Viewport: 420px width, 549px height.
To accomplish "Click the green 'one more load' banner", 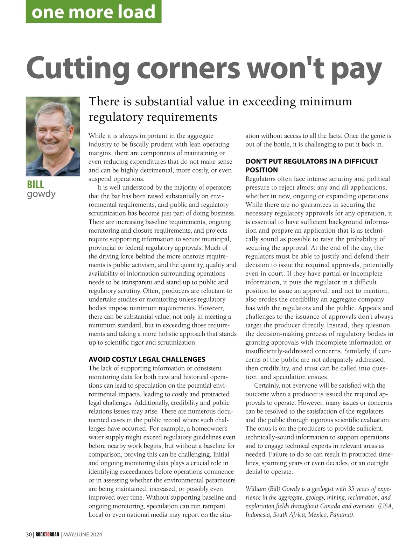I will (93, 12).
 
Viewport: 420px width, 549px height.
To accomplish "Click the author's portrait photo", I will (53, 136).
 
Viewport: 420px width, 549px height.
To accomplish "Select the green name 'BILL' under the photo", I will (35, 184).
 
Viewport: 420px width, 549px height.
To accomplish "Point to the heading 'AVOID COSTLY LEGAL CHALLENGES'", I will (147, 359).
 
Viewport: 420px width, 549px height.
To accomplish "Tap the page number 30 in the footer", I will (29, 534).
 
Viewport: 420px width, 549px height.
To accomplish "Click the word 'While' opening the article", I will (97, 136).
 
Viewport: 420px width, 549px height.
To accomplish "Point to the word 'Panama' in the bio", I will (341, 514).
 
